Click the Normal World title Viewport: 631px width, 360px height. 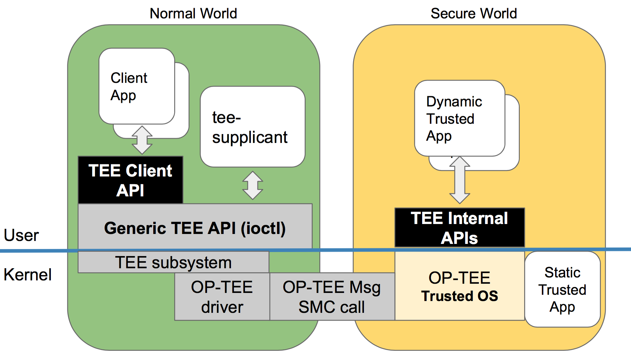[x=193, y=14]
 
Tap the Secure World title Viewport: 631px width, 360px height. [x=474, y=14]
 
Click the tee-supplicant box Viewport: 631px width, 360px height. [x=252, y=127]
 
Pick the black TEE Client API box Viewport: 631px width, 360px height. [x=130, y=180]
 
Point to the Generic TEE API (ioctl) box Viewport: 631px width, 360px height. [x=195, y=228]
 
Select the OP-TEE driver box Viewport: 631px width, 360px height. [x=222, y=297]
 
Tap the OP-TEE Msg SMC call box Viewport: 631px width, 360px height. [x=332, y=297]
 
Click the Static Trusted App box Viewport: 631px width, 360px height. [x=562, y=290]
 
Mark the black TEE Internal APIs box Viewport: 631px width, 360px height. [x=459, y=228]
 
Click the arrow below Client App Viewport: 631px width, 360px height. [x=142, y=140]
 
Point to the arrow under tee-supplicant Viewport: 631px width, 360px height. [x=253, y=185]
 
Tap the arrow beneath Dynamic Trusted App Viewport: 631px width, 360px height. [x=459, y=180]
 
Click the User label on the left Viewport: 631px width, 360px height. [x=21, y=235]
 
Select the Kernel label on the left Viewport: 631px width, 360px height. [x=28, y=275]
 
